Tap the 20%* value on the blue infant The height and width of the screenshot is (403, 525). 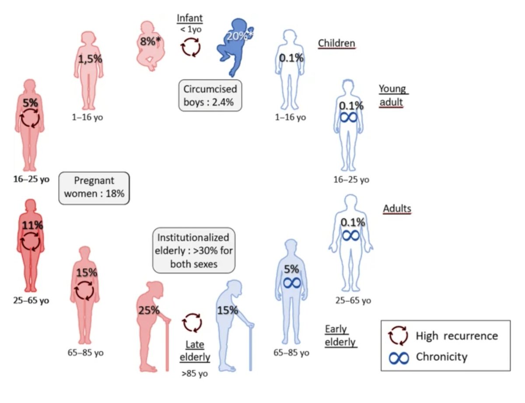coord(237,37)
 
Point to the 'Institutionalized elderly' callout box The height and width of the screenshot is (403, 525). coord(193,251)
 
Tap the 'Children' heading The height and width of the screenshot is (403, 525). coord(336,43)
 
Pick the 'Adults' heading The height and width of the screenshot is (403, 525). coord(397,208)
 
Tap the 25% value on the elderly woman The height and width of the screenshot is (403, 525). coord(149,310)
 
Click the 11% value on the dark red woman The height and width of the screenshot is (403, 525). coord(33,226)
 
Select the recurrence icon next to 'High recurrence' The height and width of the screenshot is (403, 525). coord(398,336)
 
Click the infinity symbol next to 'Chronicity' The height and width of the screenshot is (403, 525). coord(399,358)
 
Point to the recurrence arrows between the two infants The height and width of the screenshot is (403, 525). coord(191,47)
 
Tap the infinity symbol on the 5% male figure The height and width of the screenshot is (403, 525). coord(291,283)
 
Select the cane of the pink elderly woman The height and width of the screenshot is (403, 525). coord(167,346)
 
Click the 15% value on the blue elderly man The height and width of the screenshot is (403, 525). coord(227,310)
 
